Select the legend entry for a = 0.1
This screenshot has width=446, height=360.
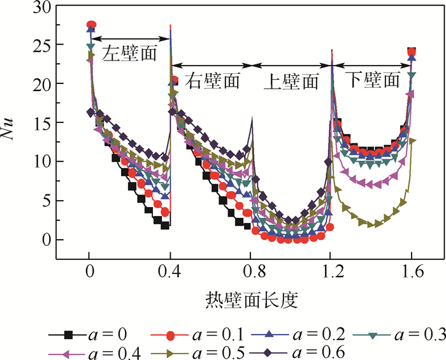click(x=185, y=333)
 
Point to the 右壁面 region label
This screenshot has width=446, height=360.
click(x=212, y=81)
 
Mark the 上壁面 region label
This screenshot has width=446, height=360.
click(x=291, y=81)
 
